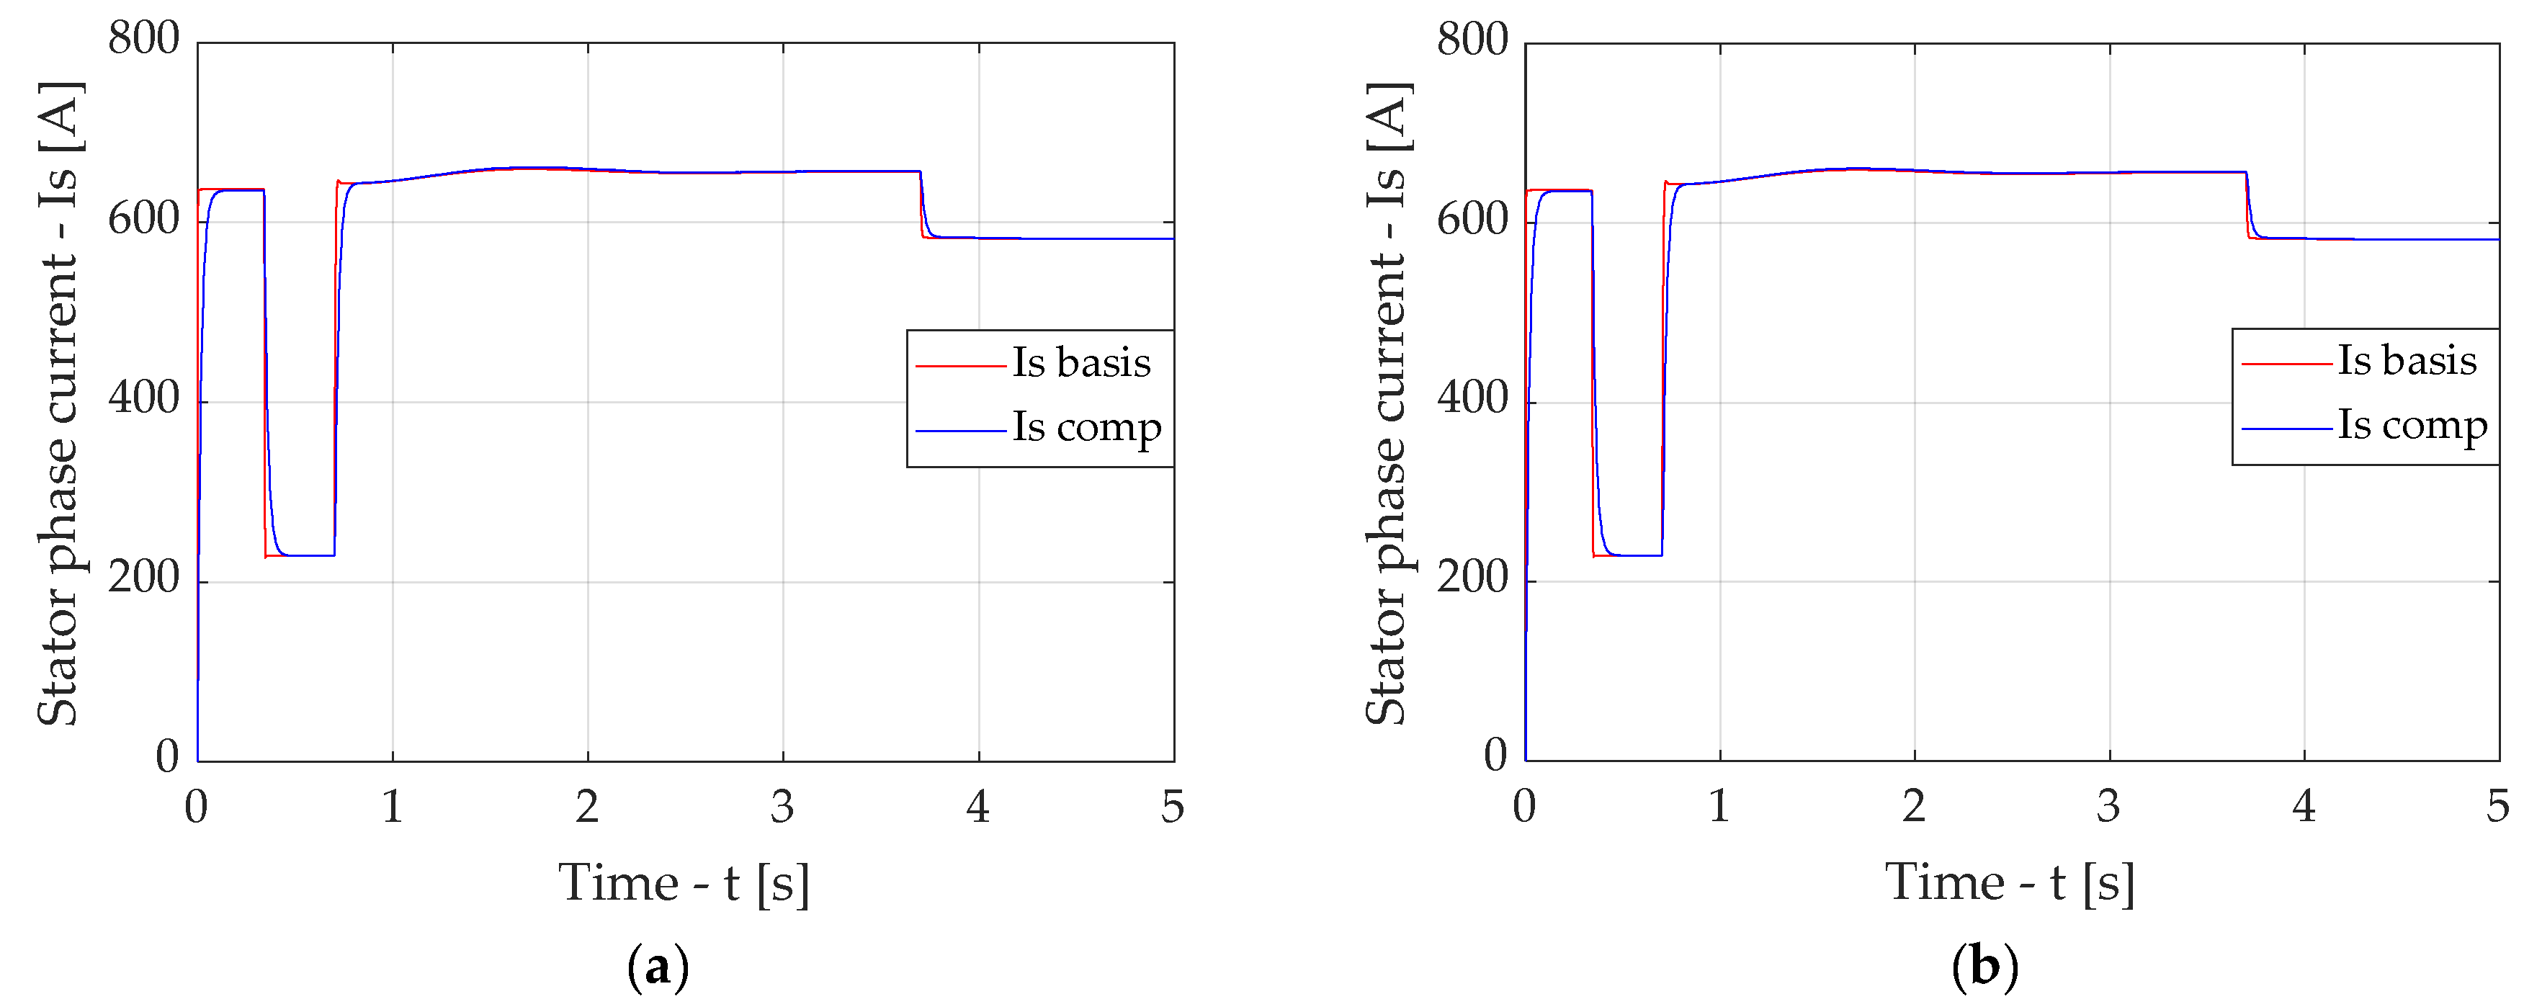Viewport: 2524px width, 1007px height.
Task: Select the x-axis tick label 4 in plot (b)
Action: (2304, 806)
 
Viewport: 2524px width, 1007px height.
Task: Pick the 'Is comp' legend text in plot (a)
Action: (1087, 428)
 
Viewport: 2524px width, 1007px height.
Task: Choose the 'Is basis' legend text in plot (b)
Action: (2407, 360)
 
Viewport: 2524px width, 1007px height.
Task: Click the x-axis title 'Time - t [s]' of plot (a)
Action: (684, 884)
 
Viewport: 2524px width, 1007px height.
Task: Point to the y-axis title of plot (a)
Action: (59, 403)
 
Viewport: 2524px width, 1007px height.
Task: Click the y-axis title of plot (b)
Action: (1387, 403)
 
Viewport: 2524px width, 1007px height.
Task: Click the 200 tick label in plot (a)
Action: (144, 578)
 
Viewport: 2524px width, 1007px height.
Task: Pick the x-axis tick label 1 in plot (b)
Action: (1719, 806)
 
